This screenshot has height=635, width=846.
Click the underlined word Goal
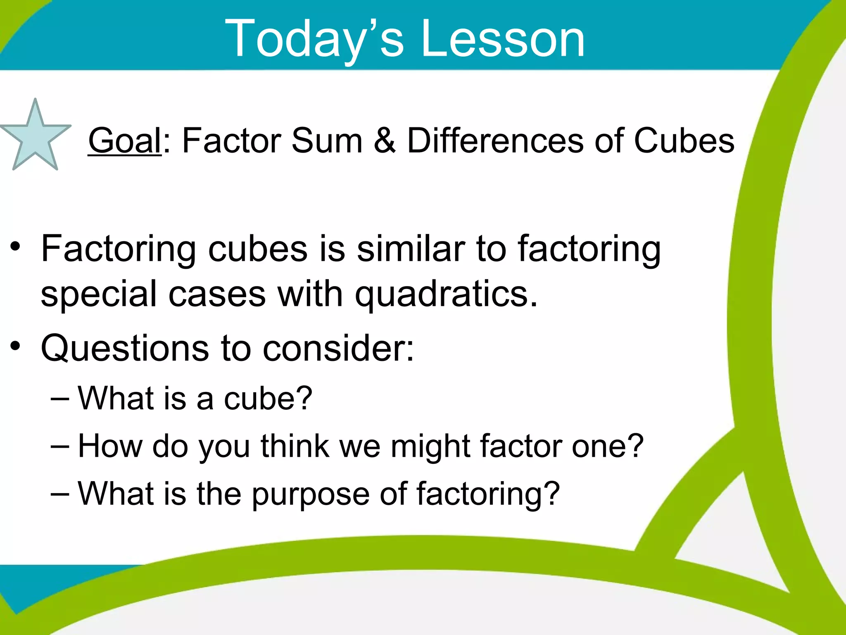coord(124,141)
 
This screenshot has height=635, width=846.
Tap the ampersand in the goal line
coord(385,141)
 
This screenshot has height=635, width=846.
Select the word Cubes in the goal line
coord(684,141)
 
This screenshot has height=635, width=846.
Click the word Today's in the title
coord(314,39)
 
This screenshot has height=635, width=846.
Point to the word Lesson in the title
coord(503,39)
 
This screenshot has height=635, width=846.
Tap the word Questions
coord(125,348)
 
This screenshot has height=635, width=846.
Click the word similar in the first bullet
coord(411,249)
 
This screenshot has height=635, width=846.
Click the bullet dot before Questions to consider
coord(16,346)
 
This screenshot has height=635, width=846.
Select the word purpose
coord(311,494)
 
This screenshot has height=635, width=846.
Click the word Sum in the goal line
coord(327,141)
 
